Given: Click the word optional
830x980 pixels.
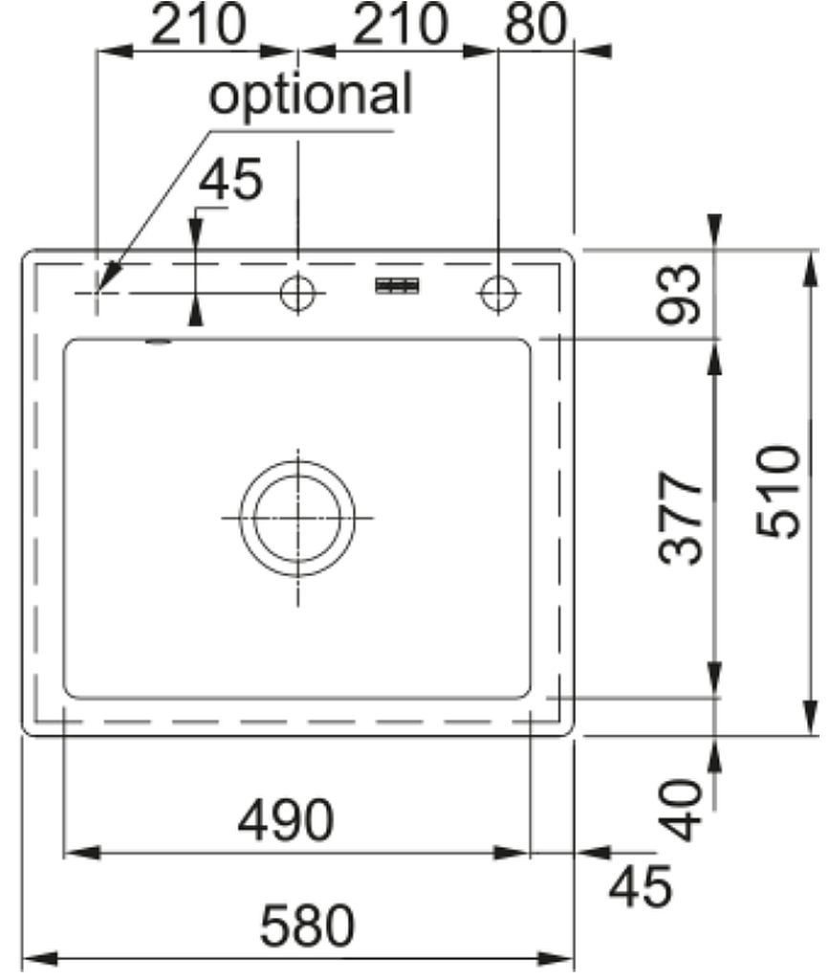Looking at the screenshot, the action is click(x=311, y=95).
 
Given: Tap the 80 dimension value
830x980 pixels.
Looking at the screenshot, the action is click(x=535, y=25).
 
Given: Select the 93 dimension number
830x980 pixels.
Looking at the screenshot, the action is click(x=680, y=294).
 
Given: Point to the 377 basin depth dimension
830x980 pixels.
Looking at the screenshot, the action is click(x=681, y=519).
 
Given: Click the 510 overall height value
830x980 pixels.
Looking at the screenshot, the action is click(x=778, y=491).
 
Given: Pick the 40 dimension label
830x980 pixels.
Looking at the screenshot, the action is click(x=681, y=810).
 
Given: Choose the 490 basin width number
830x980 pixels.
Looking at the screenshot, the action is click(x=286, y=819).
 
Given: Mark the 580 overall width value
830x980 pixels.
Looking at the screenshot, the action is click(x=307, y=925).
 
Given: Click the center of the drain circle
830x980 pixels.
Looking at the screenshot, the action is click(x=298, y=518).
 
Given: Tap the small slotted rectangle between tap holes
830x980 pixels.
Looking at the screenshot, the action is click(x=397, y=285).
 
